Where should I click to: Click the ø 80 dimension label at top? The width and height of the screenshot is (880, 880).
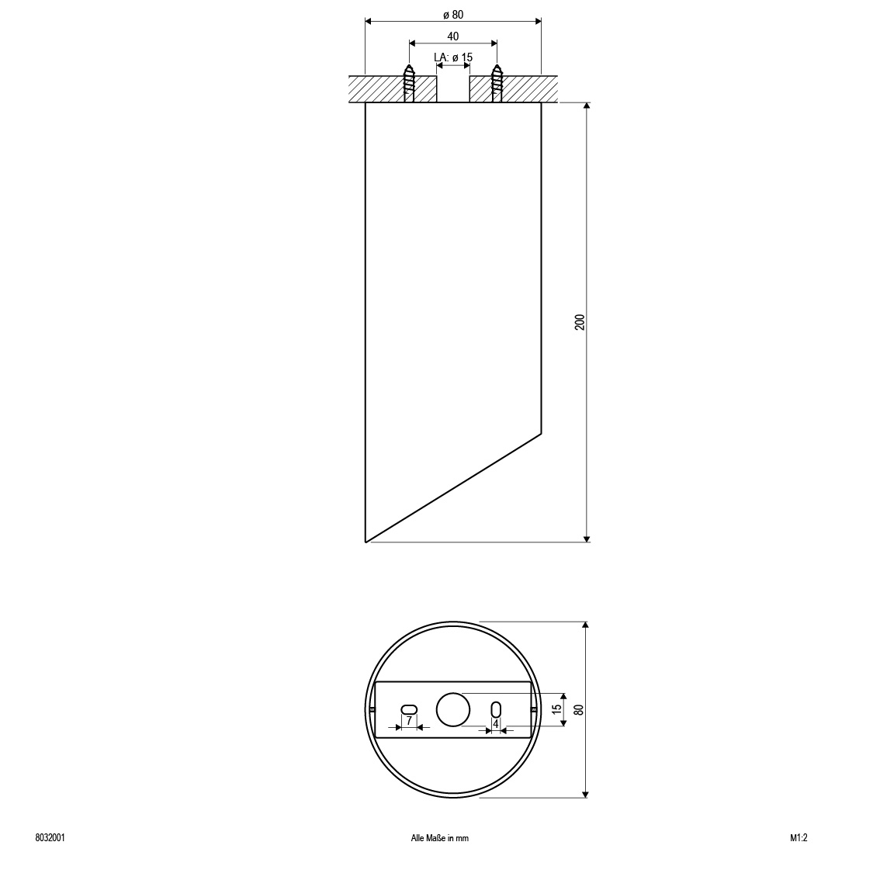point(453,15)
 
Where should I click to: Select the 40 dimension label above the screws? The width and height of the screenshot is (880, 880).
point(453,36)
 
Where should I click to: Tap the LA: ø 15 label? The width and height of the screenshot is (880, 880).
point(453,57)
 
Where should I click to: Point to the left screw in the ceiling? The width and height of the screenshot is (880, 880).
point(409,83)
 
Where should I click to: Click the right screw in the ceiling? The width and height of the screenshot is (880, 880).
point(497,83)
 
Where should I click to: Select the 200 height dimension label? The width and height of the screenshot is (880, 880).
point(580,322)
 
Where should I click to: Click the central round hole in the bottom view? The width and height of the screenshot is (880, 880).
point(453,709)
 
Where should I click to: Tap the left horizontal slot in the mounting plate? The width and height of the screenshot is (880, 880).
point(410,709)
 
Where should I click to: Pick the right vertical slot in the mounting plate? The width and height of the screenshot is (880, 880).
point(496,709)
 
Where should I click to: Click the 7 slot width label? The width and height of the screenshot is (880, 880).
point(409,719)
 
